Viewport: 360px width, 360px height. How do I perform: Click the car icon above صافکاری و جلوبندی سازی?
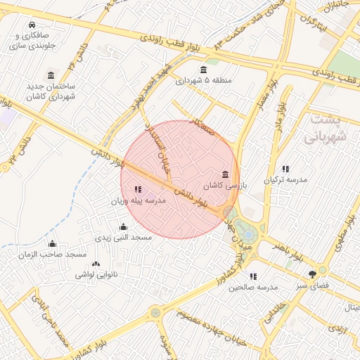(33, 25)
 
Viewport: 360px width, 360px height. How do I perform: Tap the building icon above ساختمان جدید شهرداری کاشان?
(51, 75)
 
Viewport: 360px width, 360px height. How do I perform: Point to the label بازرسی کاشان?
(222, 186)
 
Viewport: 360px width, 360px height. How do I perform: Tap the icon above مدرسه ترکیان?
(285, 169)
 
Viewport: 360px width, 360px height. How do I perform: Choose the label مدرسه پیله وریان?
(138, 201)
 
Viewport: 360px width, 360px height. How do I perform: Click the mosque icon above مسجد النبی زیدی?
(124, 226)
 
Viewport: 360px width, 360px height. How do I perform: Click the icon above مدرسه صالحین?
(253, 276)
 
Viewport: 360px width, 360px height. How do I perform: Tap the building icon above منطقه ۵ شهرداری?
(204, 69)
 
